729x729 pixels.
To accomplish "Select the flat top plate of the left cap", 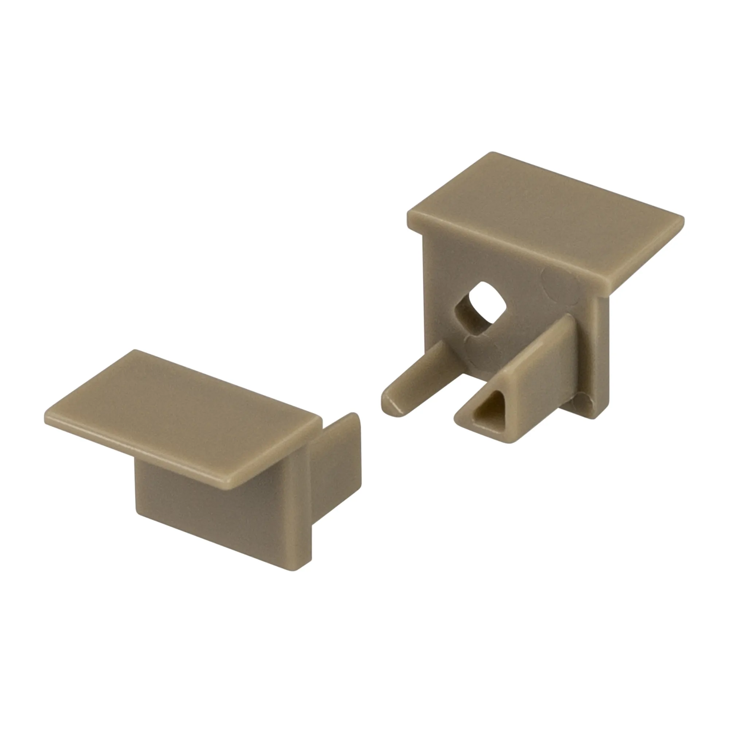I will (x=181, y=415).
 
